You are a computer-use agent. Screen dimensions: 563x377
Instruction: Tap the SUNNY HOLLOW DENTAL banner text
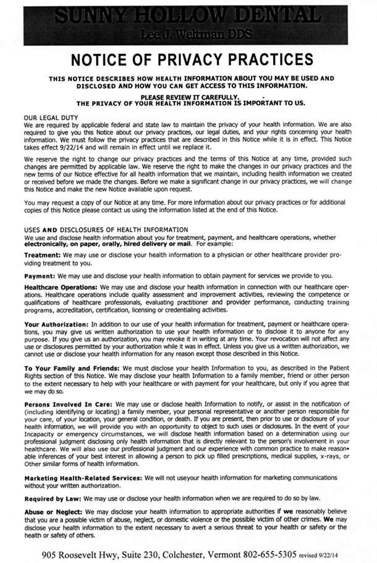(x=188, y=14)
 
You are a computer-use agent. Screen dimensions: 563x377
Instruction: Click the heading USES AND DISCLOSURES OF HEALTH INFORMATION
(x=106, y=230)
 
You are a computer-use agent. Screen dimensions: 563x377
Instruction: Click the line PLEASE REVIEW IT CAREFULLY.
(x=189, y=97)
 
